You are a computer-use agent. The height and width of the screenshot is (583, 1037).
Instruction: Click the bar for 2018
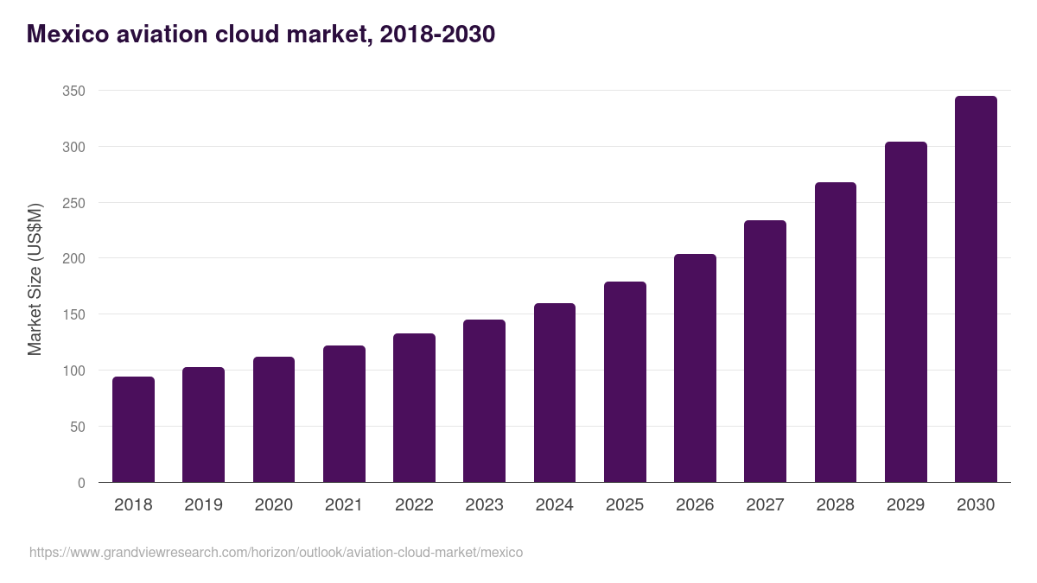(x=133, y=429)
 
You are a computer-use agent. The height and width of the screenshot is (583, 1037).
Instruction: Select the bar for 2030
(x=976, y=289)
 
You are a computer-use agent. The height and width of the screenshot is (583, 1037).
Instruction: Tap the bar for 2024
(x=554, y=393)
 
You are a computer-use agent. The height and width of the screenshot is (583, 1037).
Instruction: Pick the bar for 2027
(x=765, y=352)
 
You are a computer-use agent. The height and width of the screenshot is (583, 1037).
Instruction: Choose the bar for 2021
(x=344, y=414)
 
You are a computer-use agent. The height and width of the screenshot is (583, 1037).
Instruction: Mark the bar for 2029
(x=906, y=312)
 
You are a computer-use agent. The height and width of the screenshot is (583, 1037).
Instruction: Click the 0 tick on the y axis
(x=81, y=483)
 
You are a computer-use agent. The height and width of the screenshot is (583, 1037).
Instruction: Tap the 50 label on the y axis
(x=78, y=427)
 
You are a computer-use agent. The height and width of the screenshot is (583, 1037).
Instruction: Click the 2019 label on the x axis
(x=203, y=505)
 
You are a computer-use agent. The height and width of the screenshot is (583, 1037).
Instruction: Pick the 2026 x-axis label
(x=695, y=505)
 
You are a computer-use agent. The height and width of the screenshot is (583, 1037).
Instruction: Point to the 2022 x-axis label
(x=414, y=505)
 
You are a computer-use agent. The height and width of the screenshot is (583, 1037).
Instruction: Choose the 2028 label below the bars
(x=835, y=505)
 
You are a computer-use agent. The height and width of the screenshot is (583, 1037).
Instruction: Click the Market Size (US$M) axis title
(x=35, y=279)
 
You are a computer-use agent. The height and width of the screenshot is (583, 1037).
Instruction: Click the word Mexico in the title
(x=67, y=35)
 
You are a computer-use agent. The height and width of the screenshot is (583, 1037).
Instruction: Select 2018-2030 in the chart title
(x=436, y=35)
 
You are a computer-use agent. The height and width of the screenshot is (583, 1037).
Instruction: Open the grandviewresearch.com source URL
(x=276, y=552)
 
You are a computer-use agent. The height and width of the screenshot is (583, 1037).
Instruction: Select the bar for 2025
(x=625, y=382)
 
